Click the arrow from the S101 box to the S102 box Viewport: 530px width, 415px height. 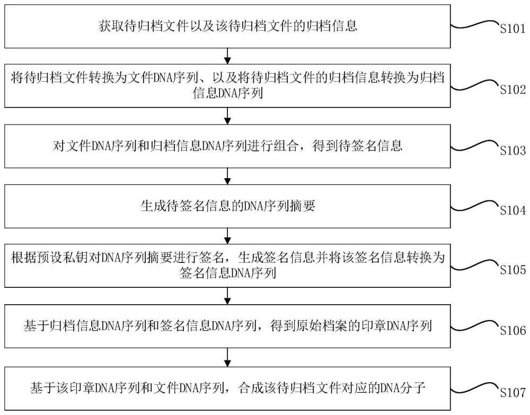(227, 55)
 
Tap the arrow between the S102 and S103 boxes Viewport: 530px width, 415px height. (227, 115)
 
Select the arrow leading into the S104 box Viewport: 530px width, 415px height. (227, 175)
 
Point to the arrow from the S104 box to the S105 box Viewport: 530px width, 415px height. (227, 235)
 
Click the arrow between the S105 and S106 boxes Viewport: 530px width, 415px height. (227, 296)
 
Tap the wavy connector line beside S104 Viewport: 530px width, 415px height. (474, 205)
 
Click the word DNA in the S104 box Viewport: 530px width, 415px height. (254, 207)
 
